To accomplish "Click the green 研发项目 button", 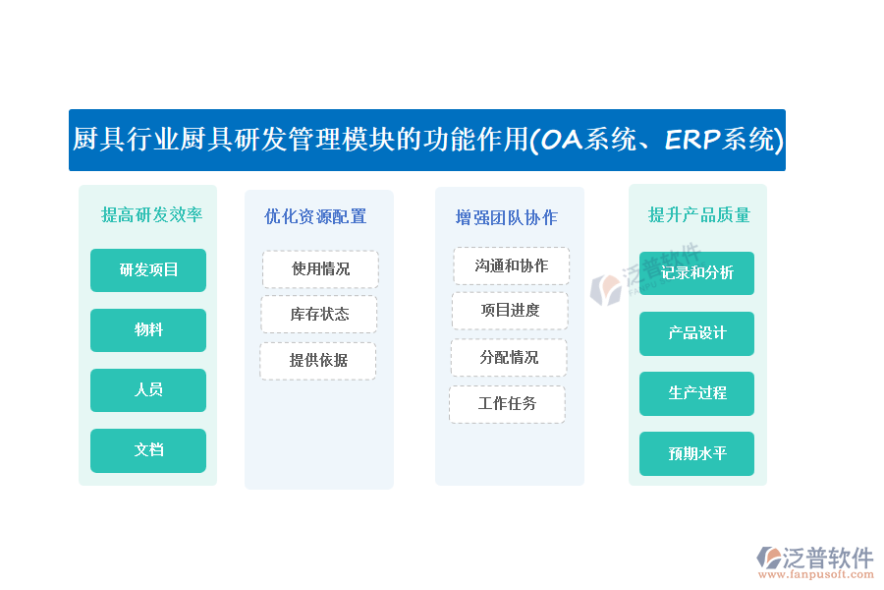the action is point(148,269).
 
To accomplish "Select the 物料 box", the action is point(148,329).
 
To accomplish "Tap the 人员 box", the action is point(148,390).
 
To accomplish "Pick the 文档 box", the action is point(148,450).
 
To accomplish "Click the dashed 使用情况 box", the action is point(320,269).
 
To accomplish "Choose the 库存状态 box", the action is point(319,314).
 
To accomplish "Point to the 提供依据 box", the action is point(318,361).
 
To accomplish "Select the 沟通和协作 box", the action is point(512,265).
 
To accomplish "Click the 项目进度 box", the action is point(510,311).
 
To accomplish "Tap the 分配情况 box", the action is point(509,357).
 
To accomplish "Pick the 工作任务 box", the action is point(507,404).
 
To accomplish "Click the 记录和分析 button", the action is point(696,273).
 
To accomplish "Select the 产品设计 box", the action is point(696,333).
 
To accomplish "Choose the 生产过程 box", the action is point(696,393).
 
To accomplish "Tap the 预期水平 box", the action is point(696,454).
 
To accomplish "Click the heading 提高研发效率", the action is point(151,214).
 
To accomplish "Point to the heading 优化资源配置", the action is point(315,216).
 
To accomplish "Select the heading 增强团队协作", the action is point(506,217).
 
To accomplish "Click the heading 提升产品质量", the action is point(699,214).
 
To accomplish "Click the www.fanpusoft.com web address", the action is point(815,574).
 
